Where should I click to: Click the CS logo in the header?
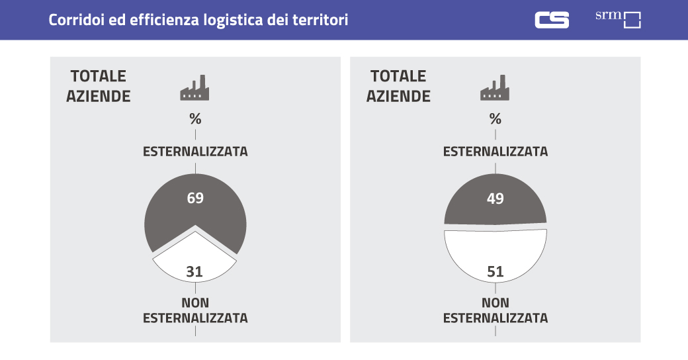point(552,20)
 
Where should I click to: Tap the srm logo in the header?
point(619,19)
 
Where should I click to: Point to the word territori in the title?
point(322,20)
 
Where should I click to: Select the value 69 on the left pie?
point(194,198)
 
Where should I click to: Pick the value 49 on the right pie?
point(495,198)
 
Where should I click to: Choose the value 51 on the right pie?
point(495,271)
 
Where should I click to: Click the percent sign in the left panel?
point(195,119)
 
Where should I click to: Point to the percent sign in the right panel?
point(495,119)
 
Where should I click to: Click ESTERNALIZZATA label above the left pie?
point(195,152)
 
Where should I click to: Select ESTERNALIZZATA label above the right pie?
point(495,152)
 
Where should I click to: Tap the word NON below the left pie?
point(195,303)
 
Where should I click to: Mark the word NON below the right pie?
point(495,303)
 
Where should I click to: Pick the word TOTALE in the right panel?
point(398,77)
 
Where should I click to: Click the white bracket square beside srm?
point(632,21)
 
